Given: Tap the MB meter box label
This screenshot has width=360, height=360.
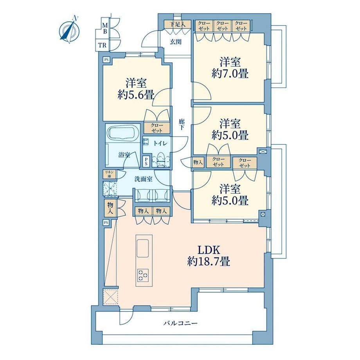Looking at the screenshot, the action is (x=105, y=28).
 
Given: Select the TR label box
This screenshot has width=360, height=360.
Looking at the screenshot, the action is (x=103, y=45).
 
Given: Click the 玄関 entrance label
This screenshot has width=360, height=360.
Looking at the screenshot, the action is (x=176, y=42).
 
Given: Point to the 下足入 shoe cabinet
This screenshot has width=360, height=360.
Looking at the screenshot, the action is (x=178, y=24).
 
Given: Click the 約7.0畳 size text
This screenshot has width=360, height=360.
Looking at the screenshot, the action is (x=230, y=74).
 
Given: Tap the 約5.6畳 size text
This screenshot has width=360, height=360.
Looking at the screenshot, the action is (x=136, y=95).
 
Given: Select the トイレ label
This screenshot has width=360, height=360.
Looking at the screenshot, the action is (x=160, y=144).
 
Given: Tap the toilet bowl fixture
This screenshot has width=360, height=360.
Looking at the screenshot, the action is (x=161, y=158).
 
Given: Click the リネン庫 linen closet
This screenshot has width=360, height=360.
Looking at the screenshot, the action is (x=110, y=174).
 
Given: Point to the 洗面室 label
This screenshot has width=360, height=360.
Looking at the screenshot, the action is (x=144, y=179).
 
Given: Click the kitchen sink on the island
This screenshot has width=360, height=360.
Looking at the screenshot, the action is (x=144, y=248).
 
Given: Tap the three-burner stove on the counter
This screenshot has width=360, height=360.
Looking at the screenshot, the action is (x=143, y=275).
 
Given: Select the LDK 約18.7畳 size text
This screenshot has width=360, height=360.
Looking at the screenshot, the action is (x=209, y=256).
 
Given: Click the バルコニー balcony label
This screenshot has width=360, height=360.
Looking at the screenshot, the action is (x=180, y=324).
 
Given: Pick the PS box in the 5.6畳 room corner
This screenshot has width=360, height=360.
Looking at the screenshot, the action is (x=106, y=60).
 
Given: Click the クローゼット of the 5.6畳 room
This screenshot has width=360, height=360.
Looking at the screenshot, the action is (x=157, y=128).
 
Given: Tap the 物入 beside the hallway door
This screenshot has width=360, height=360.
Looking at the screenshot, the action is (x=198, y=162).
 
